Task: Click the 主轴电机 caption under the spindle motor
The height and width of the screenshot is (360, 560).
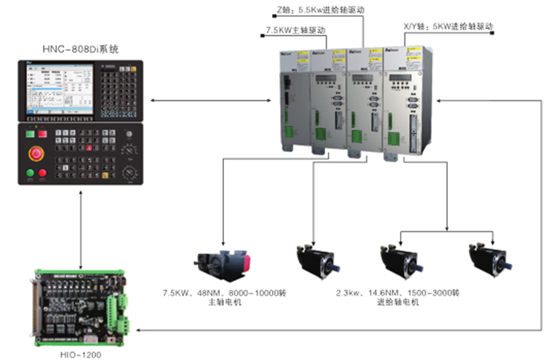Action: click(225, 302)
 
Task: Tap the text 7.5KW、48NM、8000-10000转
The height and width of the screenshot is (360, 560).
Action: click(226, 292)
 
